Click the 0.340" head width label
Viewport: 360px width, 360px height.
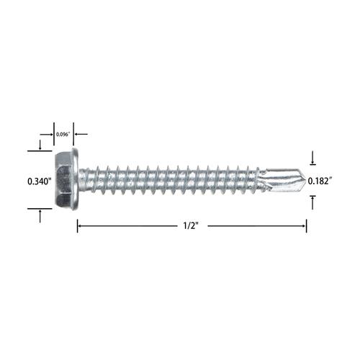pos(40,181)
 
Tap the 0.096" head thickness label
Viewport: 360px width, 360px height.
pos(63,135)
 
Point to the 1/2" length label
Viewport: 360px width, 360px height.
pos(192,226)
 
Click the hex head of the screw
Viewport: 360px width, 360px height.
pos(63,180)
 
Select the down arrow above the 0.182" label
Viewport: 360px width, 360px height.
pos(312,158)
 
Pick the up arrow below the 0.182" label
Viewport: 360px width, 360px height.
pos(312,202)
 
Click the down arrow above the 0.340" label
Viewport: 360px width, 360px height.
pos(40,145)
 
